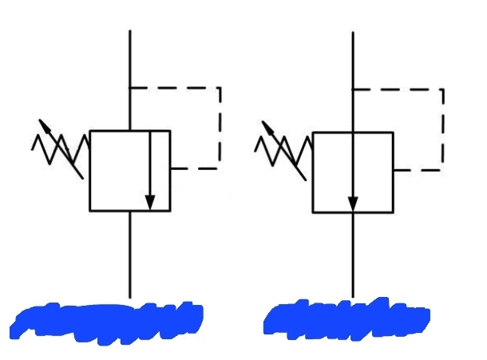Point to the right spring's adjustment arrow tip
click(264, 122)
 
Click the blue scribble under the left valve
click(108, 321)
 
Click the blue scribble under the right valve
click(347, 319)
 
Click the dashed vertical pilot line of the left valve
click(220, 128)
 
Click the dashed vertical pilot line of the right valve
click(442, 128)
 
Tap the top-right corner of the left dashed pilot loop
click(220, 88)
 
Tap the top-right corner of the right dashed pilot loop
click(442, 88)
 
